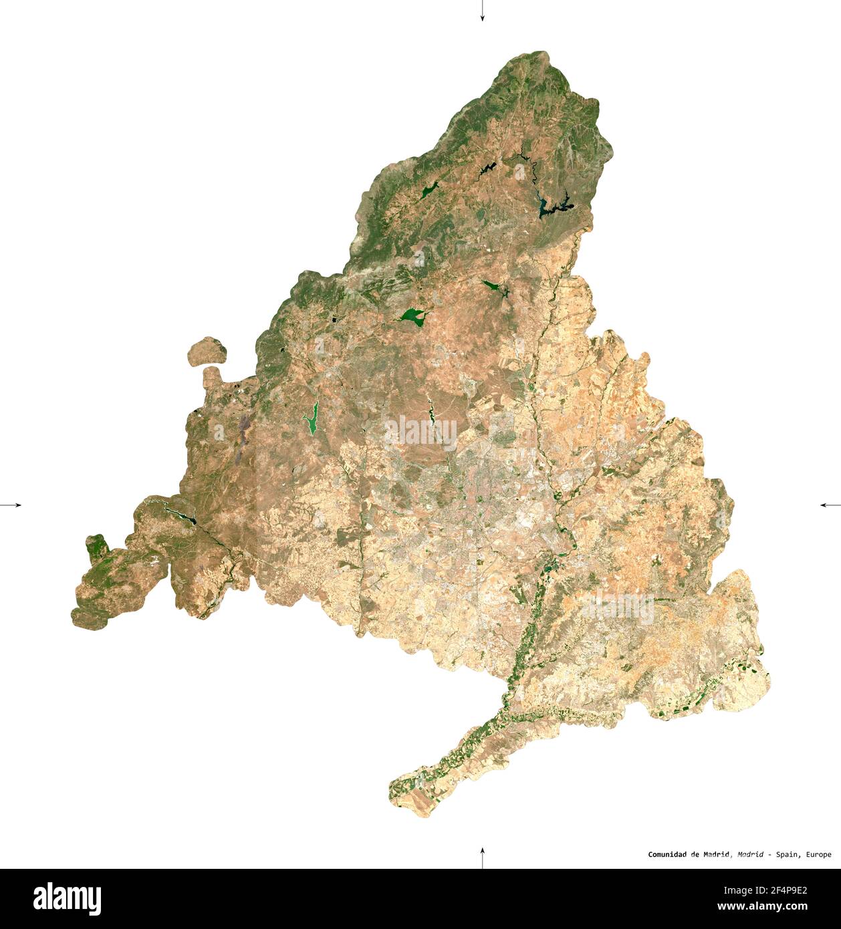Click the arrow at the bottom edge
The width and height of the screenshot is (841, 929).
(x=482, y=857)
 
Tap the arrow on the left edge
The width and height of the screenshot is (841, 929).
(x=11, y=505)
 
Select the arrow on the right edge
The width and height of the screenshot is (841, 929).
(x=830, y=505)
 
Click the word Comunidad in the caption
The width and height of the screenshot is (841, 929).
(x=669, y=854)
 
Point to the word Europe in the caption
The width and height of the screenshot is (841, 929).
(x=819, y=854)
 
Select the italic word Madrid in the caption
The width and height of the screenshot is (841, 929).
(x=751, y=854)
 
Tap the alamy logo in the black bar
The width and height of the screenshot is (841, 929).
(x=67, y=898)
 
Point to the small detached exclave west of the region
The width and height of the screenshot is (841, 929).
(x=207, y=352)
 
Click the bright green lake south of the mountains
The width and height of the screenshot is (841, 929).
(x=412, y=315)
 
